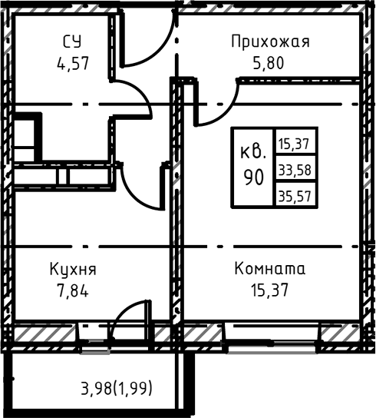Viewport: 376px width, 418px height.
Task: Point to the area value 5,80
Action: coord(269,63)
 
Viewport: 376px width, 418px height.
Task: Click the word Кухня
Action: coord(73,269)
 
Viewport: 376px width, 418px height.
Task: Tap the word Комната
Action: coord(269,269)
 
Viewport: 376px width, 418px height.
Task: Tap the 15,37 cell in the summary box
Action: coord(295,142)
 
